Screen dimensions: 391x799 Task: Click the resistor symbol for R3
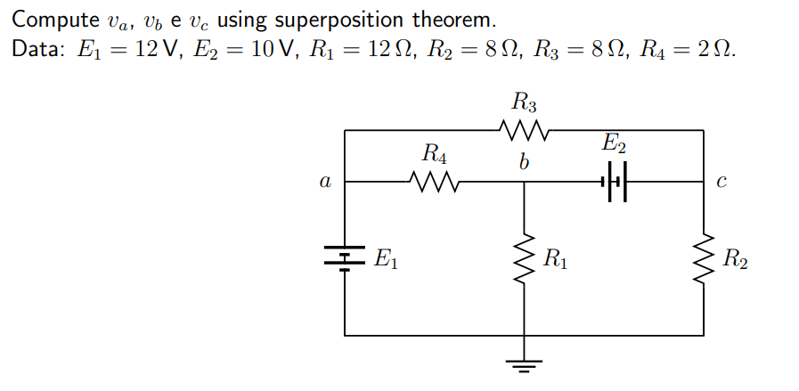click(x=524, y=131)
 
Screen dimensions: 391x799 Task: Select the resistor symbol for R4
click(x=433, y=182)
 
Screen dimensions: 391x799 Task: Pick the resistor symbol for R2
click(x=704, y=260)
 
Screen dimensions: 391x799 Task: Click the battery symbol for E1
click(x=345, y=257)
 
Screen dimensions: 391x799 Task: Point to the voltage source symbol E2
click(x=616, y=183)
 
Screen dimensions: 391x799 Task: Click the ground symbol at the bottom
click(x=524, y=364)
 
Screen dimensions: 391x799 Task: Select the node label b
click(x=524, y=163)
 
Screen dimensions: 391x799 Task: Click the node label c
click(x=722, y=183)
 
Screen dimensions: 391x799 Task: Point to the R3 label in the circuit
click(x=525, y=102)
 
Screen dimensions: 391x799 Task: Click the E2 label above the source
click(x=615, y=143)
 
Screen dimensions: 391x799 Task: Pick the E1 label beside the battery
click(x=385, y=260)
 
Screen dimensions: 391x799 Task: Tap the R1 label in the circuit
click(x=555, y=260)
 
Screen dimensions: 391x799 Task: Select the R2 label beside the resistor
click(x=736, y=260)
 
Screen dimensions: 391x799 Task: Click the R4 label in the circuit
click(x=434, y=153)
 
